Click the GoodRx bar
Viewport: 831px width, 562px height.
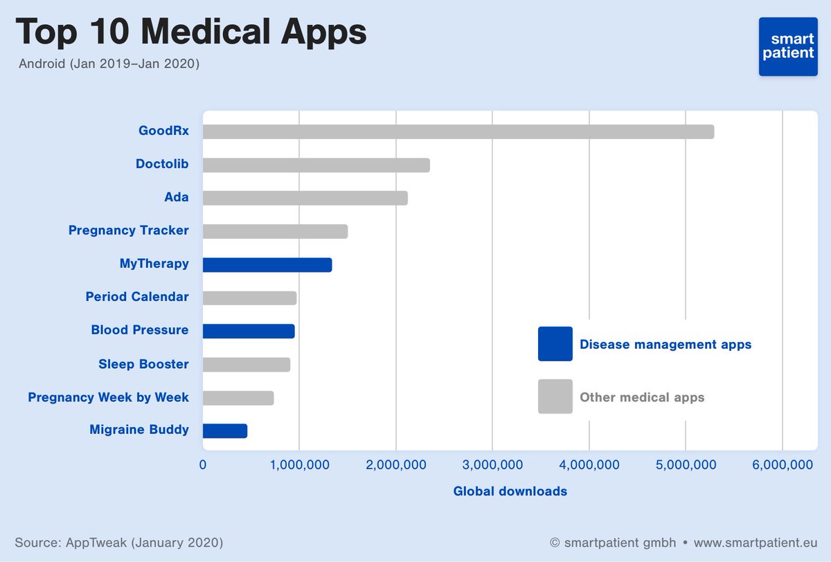tap(458, 132)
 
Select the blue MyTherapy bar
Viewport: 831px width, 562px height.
tap(267, 264)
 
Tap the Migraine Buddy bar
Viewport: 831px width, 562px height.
tap(225, 430)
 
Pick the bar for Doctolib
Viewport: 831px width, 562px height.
tap(316, 165)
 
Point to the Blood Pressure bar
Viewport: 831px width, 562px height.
tap(249, 331)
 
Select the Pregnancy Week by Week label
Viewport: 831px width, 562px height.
tap(108, 397)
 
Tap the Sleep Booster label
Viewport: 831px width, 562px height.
tap(143, 364)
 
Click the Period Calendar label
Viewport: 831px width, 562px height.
tap(137, 297)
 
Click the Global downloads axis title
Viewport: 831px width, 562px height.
tap(510, 491)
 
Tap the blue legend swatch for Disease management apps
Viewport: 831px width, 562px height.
tap(555, 344)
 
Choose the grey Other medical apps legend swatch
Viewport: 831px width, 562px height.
tap(555, 397)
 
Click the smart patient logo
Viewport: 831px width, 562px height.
tap(788, 46)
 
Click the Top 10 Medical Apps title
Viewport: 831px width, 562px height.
tap(191, 33)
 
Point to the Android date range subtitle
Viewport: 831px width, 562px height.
tap(109, 64)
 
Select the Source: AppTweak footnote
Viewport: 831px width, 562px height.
tap(118, 541)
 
